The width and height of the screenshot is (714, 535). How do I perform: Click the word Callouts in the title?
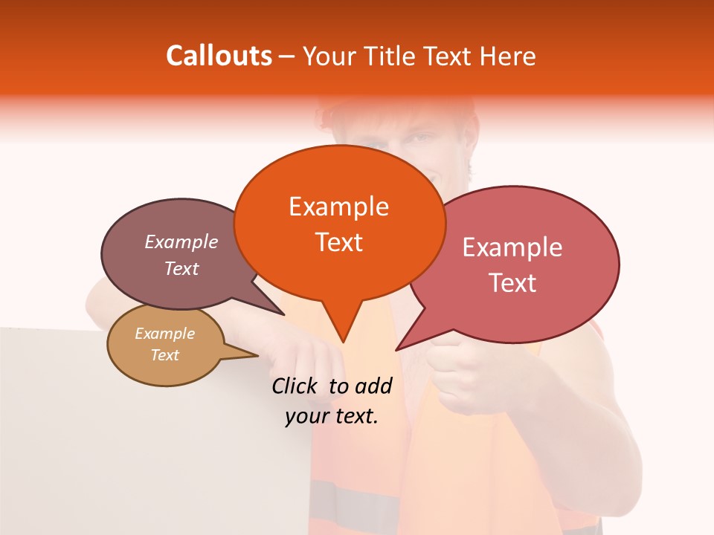[x=219, y=56]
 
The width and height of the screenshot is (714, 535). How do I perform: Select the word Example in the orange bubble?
[x=338, y=207]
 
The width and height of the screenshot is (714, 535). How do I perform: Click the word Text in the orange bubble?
[x=338, y=242]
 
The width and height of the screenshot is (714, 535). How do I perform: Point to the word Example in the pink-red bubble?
[x=512, y=247]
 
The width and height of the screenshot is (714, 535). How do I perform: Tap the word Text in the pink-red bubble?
[x=512, y=283]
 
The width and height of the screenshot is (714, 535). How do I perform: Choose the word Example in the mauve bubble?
[x=181, y=242]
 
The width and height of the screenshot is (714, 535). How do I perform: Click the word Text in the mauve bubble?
[x=181, y=269]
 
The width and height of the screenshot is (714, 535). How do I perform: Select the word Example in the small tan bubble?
[x=165, y=334]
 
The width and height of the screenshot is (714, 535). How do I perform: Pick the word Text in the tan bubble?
[x=165, y=355]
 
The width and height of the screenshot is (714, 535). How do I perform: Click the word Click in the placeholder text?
[x=297, y=386]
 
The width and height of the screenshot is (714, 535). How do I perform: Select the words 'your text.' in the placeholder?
[x=332, y=416]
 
